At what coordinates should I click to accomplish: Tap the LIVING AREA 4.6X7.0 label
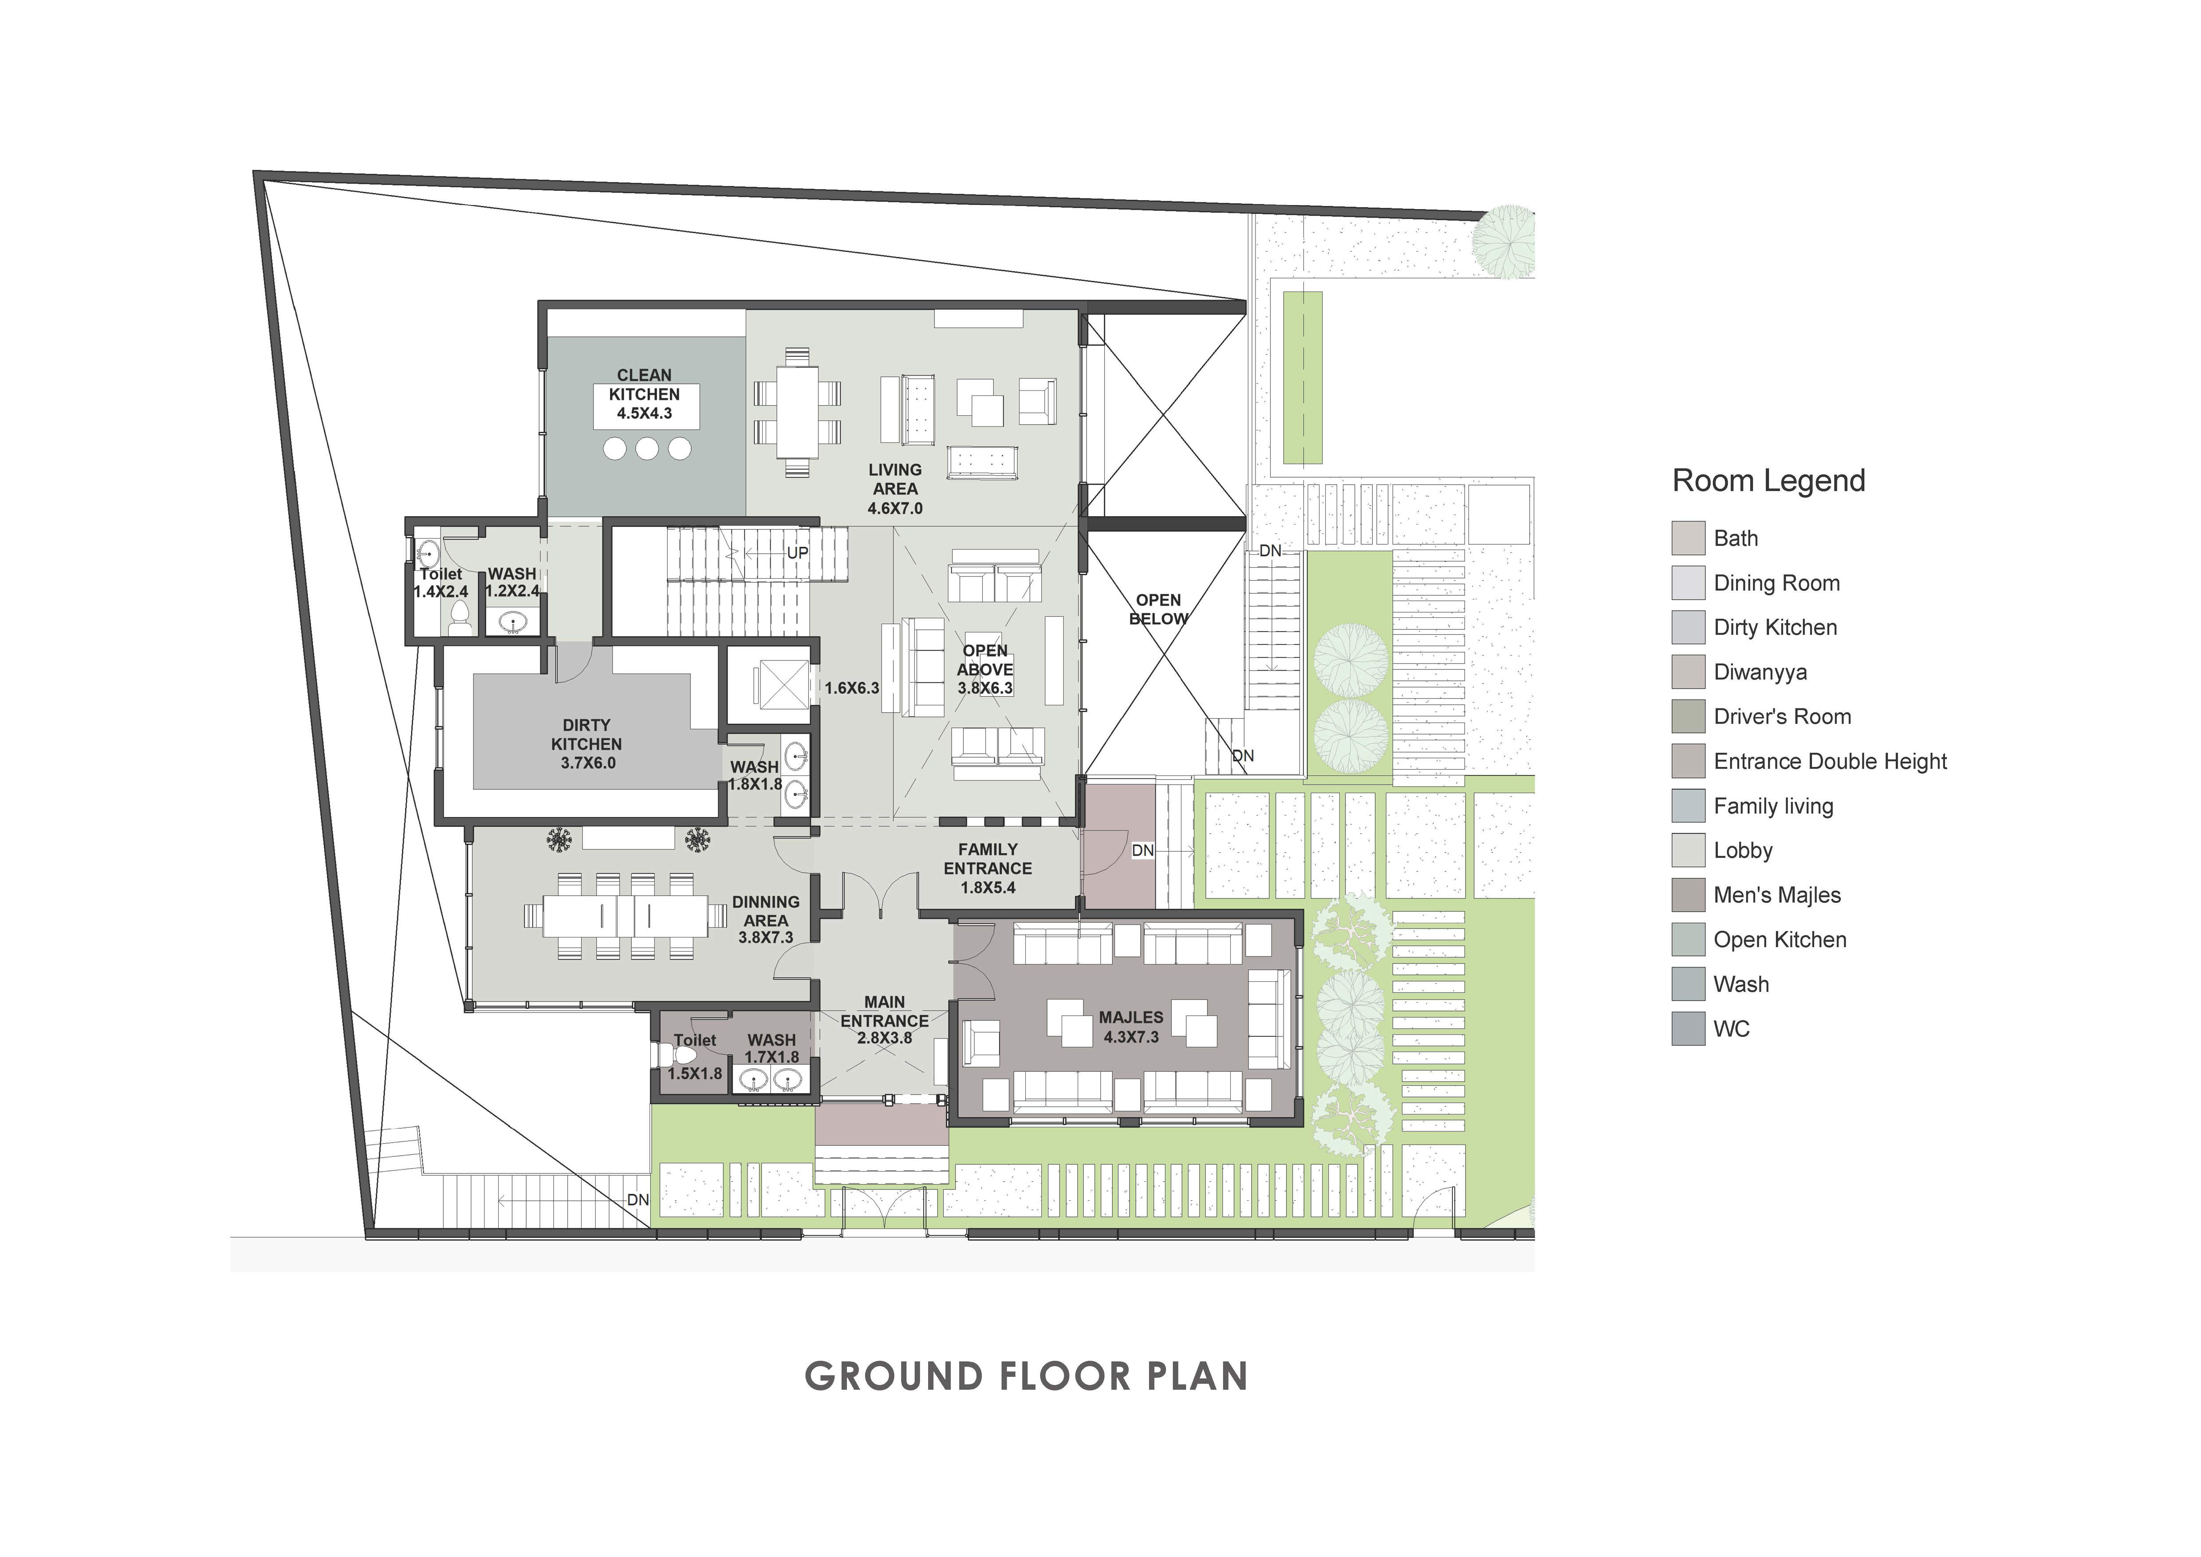pyautogui.click(x=895, y=489)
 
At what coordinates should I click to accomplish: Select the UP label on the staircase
pyautogui.click(x=798, y=553)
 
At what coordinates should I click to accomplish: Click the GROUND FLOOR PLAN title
pyautogui.click(x=1026, y=1377)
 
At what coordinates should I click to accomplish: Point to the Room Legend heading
pyautogui.click(x=1769, y=480)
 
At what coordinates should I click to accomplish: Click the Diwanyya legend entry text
pyautogui.click(x=1760, y=672)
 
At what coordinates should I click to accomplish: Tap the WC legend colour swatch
pyautogui.click(x=1688, y=1029)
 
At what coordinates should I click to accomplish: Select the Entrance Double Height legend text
pyautogui.click(x=1830, y=761)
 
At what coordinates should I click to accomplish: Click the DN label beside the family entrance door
pyautogui.click(x=1143, y=850)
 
